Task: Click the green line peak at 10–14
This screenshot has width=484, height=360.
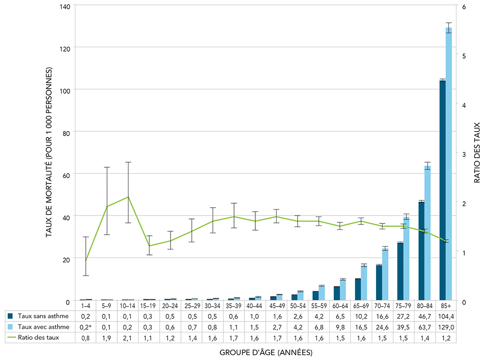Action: [128, 197]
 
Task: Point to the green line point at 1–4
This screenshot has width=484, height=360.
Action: [86, 260]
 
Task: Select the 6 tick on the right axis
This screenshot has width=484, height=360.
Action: [463, 6]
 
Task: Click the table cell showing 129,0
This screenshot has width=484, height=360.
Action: [446, 326]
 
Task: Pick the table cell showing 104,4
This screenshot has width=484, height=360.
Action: [446, 316]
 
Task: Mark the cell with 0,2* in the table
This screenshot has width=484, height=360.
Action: [86, 326]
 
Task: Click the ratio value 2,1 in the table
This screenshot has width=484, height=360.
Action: [128, 337]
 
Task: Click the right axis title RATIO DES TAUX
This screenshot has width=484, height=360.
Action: [477, 153]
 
